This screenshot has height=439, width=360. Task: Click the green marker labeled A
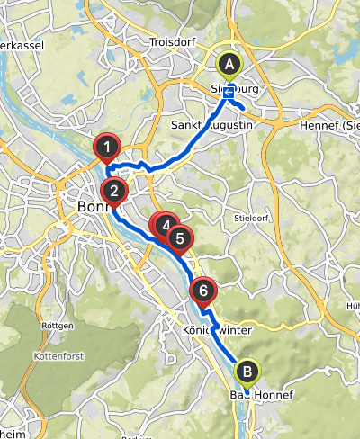[229, 65]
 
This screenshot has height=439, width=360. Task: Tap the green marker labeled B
[246, 370]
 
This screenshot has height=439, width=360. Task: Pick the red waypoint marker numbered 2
[114, 190]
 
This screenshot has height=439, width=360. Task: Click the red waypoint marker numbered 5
[180, 238]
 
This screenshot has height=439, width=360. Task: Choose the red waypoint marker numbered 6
[204, 291]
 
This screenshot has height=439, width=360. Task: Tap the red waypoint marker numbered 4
[166, 225]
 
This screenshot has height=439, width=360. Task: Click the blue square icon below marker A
[229, 90]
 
